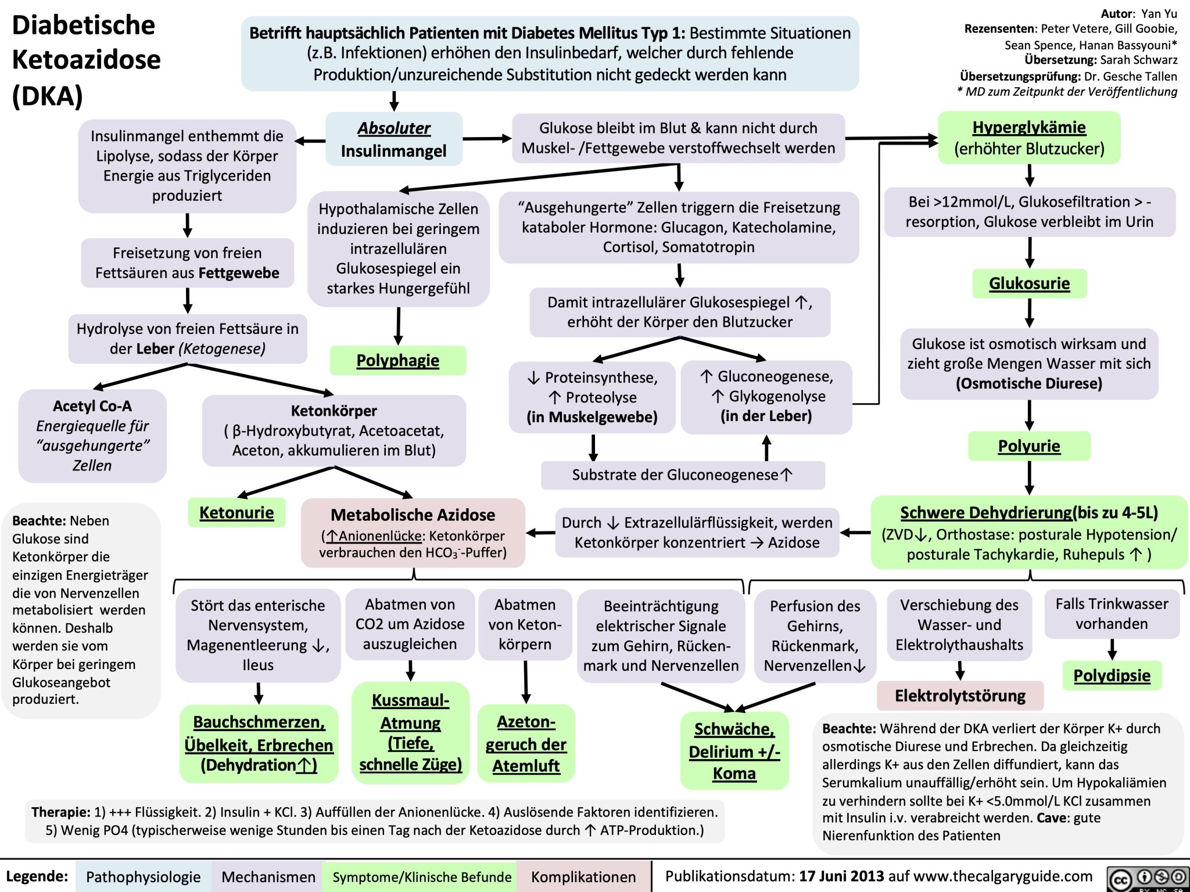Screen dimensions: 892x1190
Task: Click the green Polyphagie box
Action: click(397, 361)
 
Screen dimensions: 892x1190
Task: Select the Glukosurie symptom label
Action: click(1029, 283)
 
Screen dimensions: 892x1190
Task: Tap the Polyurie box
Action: click(1029, 446)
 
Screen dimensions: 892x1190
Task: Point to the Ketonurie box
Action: click(236, 512)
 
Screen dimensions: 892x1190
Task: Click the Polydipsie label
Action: click(1112, 675)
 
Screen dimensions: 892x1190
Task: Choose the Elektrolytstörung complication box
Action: click(960, 695)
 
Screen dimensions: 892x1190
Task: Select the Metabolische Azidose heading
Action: click(413, 515)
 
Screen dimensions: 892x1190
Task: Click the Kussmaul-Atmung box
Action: click(410, 733)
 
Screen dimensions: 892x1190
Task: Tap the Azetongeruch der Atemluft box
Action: click(526, 744)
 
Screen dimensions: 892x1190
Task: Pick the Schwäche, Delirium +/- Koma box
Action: click(734, 751)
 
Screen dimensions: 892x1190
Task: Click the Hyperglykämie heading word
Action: click(1029, 127)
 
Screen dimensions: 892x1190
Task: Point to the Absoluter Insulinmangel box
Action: click(394, 139)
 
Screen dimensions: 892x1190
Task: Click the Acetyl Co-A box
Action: click(92, 436)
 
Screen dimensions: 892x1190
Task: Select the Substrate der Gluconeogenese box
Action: click(682, 475)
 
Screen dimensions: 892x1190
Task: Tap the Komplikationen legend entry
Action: click(583, 877)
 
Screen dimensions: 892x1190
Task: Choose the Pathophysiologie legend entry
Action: click(143, 877)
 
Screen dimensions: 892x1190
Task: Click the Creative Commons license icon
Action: click(1148, 879)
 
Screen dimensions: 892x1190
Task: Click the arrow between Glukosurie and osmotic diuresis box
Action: click(1029, 314)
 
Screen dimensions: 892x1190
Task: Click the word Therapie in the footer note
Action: click(61, 812)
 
